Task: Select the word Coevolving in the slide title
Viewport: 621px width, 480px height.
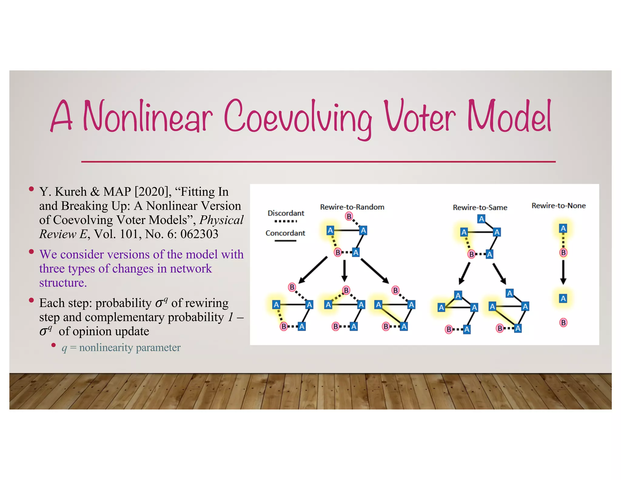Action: [x=298, y=118]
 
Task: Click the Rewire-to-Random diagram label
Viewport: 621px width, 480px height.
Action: [x=352, y=207]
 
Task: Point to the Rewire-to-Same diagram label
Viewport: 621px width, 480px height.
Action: [x=480, y=208]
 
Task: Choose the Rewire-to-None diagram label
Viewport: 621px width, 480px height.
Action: [x=559, y=206]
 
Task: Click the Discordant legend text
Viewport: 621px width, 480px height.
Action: [x=286, y=213]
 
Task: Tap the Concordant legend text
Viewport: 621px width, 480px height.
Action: [x=285, y=233]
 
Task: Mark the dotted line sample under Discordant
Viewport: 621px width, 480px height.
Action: [x=286, y=221]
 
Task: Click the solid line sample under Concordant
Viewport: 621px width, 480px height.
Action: [x=285, y=241]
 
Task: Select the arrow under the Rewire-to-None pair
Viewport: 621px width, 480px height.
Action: [x=563, y=272]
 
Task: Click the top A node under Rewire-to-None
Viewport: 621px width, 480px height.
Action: [x=563, y=228]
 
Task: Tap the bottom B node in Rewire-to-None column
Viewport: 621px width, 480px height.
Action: [x=563, y=323]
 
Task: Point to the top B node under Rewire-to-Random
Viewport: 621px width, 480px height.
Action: [x=349, y=216]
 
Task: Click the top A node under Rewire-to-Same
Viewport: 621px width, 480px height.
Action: [x=481, y=219]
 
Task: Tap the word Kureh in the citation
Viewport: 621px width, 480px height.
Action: [x=71, y=192]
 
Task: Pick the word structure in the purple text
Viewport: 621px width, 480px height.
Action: [x=63, y=282]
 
